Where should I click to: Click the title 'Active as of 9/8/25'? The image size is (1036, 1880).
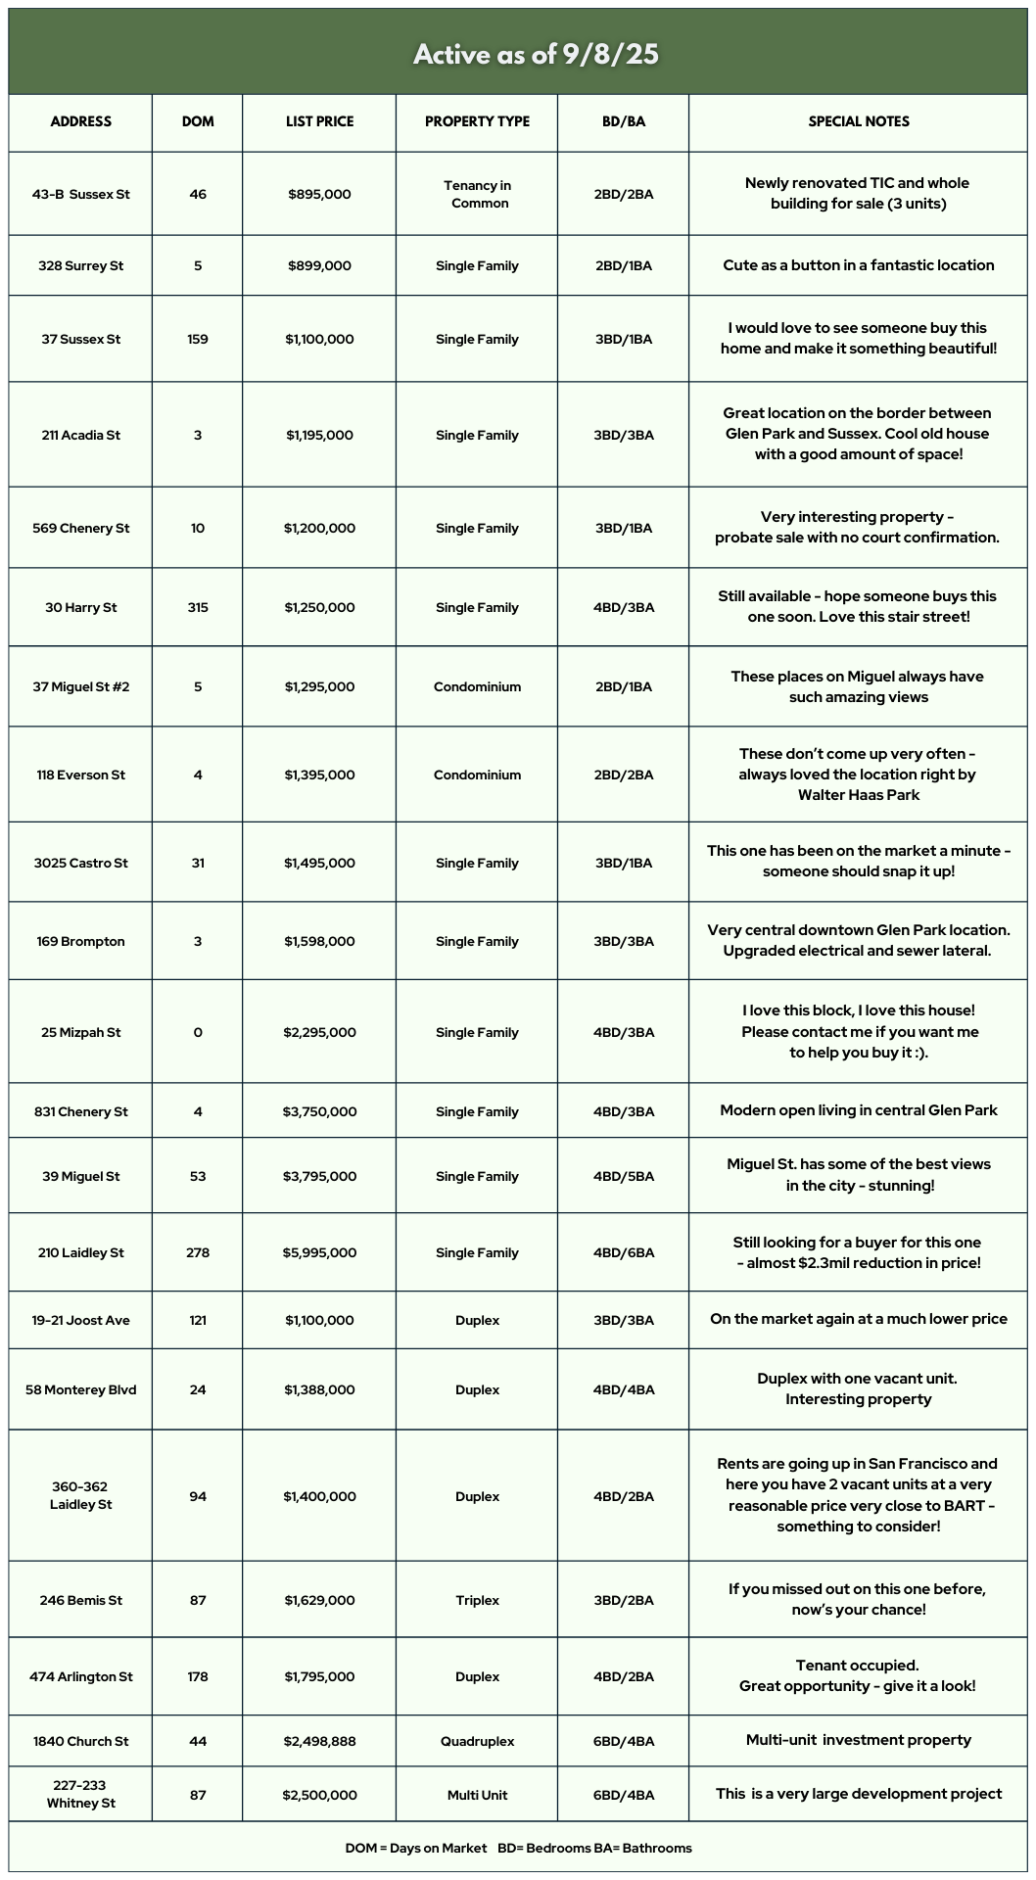coord(535,54)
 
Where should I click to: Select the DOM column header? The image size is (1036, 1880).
coord(198,121)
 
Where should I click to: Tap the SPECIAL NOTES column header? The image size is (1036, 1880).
coord(858,121)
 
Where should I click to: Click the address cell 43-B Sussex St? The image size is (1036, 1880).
coord(80,194)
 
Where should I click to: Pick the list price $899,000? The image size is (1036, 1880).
coord(319,265)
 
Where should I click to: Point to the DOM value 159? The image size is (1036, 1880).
coord(198,339)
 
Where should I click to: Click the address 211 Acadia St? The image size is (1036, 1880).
coord(80,435)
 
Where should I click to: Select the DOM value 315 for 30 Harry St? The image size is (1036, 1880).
coord(198,607)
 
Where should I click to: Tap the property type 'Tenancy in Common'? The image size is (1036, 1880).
coord(478,194)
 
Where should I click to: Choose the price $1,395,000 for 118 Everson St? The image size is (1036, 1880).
coord(319,775)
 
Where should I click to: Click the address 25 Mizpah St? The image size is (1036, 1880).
coord(80,1032)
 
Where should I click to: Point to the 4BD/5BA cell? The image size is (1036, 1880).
coord(624,1176)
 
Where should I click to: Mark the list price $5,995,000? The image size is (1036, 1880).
coord(319,1252)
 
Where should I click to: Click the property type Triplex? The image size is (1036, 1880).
coord(478,1600)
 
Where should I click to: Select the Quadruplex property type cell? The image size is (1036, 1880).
coord(478,1741)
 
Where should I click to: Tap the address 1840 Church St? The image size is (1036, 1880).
coord(80,1741)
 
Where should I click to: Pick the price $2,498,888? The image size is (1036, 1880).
coord(319,1741)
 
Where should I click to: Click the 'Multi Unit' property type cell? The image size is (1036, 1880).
coord(478,1795)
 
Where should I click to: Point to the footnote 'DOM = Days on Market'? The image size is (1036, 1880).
coord(415,1848)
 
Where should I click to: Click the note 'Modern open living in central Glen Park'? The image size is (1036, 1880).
coord(858,1110)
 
